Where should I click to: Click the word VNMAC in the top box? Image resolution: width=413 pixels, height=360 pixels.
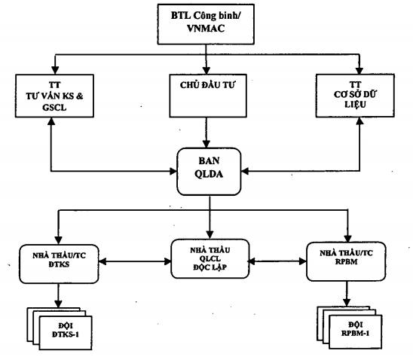click(206, 28)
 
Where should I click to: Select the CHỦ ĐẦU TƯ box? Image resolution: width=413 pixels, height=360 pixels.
click(208, 96)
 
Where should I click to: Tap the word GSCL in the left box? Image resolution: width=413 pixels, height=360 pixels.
click(54, 108)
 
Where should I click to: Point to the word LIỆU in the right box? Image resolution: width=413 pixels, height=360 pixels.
click(355, 105)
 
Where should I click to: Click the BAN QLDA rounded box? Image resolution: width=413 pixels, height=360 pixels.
click(209, 172)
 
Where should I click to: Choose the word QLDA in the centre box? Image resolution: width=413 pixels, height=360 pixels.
click(209, 174)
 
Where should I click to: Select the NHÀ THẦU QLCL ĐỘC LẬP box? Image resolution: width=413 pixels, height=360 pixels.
click(210, 258)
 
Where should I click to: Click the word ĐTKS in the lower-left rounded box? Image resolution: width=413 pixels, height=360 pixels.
click(59, 264)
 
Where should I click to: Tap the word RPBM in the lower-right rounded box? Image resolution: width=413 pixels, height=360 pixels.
click(347, 262)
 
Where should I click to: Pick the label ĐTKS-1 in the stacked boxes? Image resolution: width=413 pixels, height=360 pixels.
click(66, 334)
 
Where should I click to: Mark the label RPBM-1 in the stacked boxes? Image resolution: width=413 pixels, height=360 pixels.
click(355, 333)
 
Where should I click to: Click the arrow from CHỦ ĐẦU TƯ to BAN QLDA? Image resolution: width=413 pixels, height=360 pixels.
click(206, 133)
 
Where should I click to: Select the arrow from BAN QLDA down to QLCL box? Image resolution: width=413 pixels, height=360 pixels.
click(210, 218)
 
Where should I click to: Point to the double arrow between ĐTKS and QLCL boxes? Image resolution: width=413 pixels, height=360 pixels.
click(135, 261)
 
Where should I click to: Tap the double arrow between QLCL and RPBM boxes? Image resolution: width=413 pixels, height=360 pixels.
click(277, 261)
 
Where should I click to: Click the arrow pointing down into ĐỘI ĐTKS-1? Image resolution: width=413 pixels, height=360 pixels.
click(58, 295)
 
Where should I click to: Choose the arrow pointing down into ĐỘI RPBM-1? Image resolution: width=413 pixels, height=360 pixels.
click(347, 294)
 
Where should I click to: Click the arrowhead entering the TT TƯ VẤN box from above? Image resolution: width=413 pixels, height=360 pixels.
click(55, 70)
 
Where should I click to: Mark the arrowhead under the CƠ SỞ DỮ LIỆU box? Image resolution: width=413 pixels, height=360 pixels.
click(359, 121)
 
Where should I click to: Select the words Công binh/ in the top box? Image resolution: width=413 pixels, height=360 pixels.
click(217, 16)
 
